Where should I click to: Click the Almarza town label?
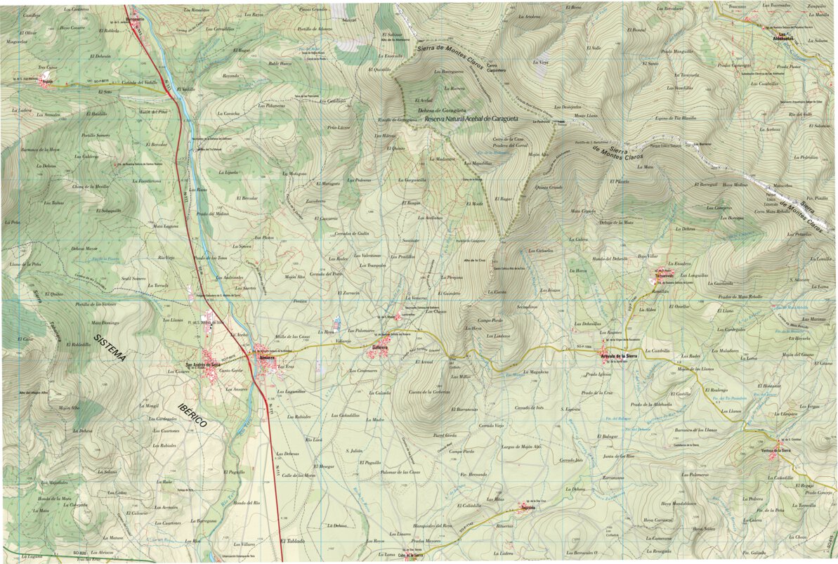click(x=267, y=358)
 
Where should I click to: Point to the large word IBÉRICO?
click(x=192, y=416)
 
